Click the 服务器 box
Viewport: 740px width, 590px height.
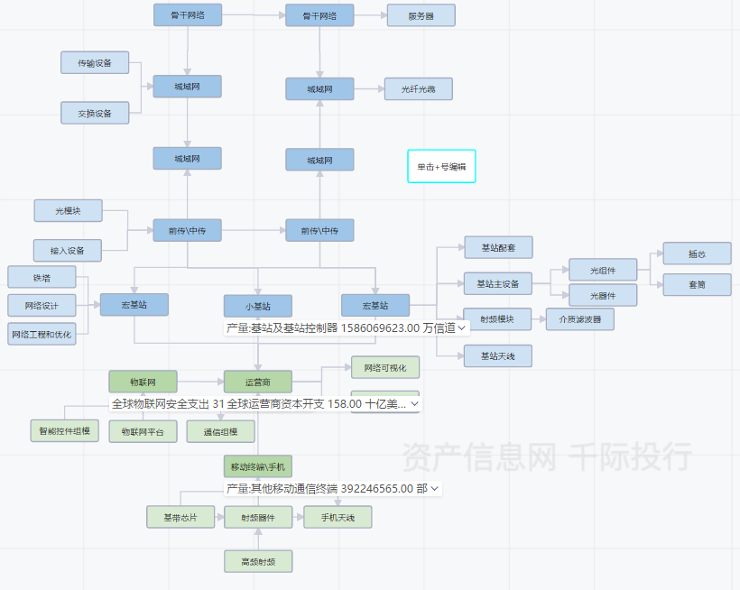click(x=421, y=15)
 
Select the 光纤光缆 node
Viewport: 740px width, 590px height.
click(x=418, y=88)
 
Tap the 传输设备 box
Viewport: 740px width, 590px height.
click(x=95, y=62)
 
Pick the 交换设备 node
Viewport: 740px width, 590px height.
click(x=95, y=113)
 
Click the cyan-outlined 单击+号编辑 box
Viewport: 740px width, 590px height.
click(x=441, y=166)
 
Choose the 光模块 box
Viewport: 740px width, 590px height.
click(x=68, y=210)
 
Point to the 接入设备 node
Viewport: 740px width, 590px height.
click(x=68, y=250)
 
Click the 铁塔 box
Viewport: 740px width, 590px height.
click(x=42, y=277)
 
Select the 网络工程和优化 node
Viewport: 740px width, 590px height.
click(x=42, y=334)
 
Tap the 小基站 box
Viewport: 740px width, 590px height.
click(x=258, y=305)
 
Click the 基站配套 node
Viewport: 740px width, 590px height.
click(x=498, y=247)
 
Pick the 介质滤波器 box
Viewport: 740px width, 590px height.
click(x=580, y=318)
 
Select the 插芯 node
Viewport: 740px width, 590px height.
click(x=697, y=253)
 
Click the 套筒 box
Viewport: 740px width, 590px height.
click(x=697, y=284)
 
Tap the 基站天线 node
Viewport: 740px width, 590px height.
click(x=498, y=355)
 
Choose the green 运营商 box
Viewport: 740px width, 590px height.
click(x=258, y=382)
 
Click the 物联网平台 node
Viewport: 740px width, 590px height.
click(x=143, y=431)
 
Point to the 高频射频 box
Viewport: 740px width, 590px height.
click(x=258, y=561)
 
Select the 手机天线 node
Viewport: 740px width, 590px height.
click(x=338, y=517)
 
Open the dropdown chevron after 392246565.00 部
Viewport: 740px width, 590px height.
click(x=436, y=488)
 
